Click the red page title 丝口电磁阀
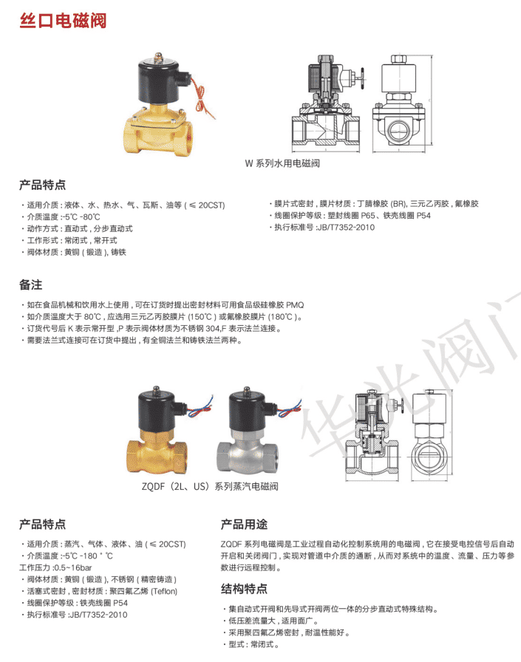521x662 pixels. (x=63, y=21)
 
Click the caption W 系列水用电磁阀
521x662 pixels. (x=282, y=163)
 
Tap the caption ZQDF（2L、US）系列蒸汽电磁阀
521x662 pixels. (x=210, y=486)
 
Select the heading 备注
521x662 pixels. (x=30, y=285)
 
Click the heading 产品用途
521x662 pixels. (x=244, y=525)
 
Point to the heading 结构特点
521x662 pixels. (x=244, y=589)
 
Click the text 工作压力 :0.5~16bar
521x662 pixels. (x=55, y=568)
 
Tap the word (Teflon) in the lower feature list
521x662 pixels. (x=164, y=592)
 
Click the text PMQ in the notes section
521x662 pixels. (x=295, y=305)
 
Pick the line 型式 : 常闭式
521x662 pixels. (x=253, y=645)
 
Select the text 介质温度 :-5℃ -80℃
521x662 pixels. (x=64, y=217)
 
